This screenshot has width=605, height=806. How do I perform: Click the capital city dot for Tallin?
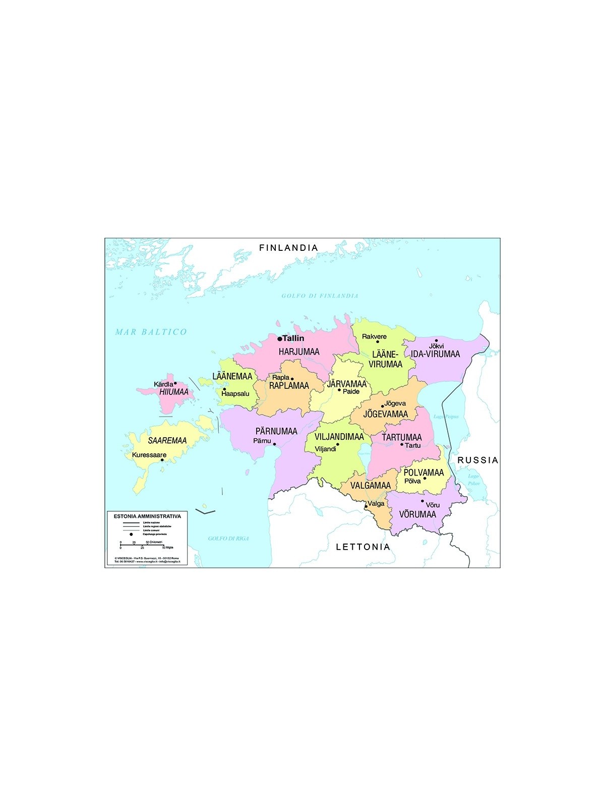pos(280,339)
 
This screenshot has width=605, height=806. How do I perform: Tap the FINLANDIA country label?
pos(288,247)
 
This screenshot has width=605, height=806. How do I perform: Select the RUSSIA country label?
pos(477,460)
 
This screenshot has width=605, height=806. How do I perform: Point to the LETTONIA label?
pos(363,547)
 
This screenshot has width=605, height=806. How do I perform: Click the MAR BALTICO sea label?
pos(151,331)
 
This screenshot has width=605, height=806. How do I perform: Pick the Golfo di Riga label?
pos(228,539)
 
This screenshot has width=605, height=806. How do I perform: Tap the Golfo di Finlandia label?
pos(320,296)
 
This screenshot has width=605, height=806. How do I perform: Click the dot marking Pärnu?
pos(274,444)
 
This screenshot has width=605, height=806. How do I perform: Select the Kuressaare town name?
pos(149,455)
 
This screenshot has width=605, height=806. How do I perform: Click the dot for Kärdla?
pos(175,383)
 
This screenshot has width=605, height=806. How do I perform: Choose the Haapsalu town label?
pos(235,393)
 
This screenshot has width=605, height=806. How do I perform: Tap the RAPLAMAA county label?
pos(289,386)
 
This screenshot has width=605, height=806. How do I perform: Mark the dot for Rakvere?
pos(377,342)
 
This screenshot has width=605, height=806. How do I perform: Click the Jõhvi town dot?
pos(437,341)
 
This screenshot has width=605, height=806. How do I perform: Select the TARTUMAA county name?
pos(401,437)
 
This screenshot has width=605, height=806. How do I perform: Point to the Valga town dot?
pos(366,506)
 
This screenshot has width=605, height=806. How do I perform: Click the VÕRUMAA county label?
pos(417,514)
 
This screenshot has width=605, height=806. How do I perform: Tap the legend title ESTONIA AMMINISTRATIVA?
pos(147,516)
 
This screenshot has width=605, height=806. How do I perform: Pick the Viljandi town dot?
pos(338,444)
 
